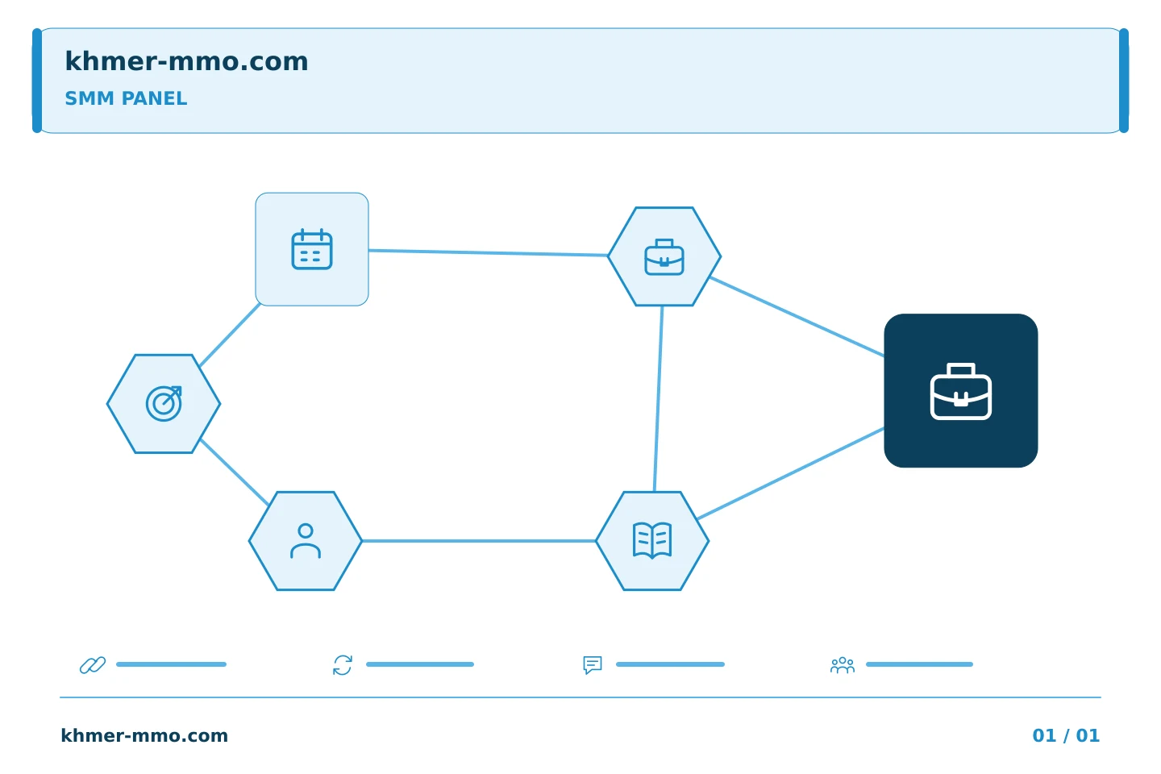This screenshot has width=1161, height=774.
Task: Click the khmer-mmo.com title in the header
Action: [x=186, y=61]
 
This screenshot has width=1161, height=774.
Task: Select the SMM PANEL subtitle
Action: [x=126, y=98]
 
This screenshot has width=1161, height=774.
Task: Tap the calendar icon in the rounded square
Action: [x=312, y=249]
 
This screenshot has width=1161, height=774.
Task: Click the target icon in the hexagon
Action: [x=164, y=403]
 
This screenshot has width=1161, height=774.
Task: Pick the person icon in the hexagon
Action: [x=306, y=541]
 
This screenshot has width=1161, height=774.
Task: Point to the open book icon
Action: [x=652, y=541]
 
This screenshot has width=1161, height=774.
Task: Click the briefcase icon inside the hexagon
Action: [x=664, y=257]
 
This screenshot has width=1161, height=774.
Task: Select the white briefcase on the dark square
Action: [x=961, y=391]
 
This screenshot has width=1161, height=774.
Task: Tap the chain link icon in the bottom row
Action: [x=93, y=665]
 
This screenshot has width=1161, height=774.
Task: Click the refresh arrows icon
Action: [x=343, y=665]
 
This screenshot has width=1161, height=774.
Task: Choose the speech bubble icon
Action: [x=593, y=665]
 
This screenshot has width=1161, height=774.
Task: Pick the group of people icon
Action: [x=843, y=665]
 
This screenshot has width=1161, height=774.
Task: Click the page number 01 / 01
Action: [x=1066, y=735]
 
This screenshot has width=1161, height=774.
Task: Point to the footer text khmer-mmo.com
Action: [x=144, y=735]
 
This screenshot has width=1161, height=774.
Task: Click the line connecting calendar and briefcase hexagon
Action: [x=489, y=253]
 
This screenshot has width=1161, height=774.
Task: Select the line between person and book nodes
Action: [x=479, y=541]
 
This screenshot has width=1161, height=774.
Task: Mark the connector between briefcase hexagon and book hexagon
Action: [x=659, y=398]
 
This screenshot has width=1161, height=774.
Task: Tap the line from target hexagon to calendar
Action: [x=230, y=335]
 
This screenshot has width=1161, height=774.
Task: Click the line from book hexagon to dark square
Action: [x=791, y=473]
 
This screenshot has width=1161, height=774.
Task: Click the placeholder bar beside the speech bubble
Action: [x=670, y=664]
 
